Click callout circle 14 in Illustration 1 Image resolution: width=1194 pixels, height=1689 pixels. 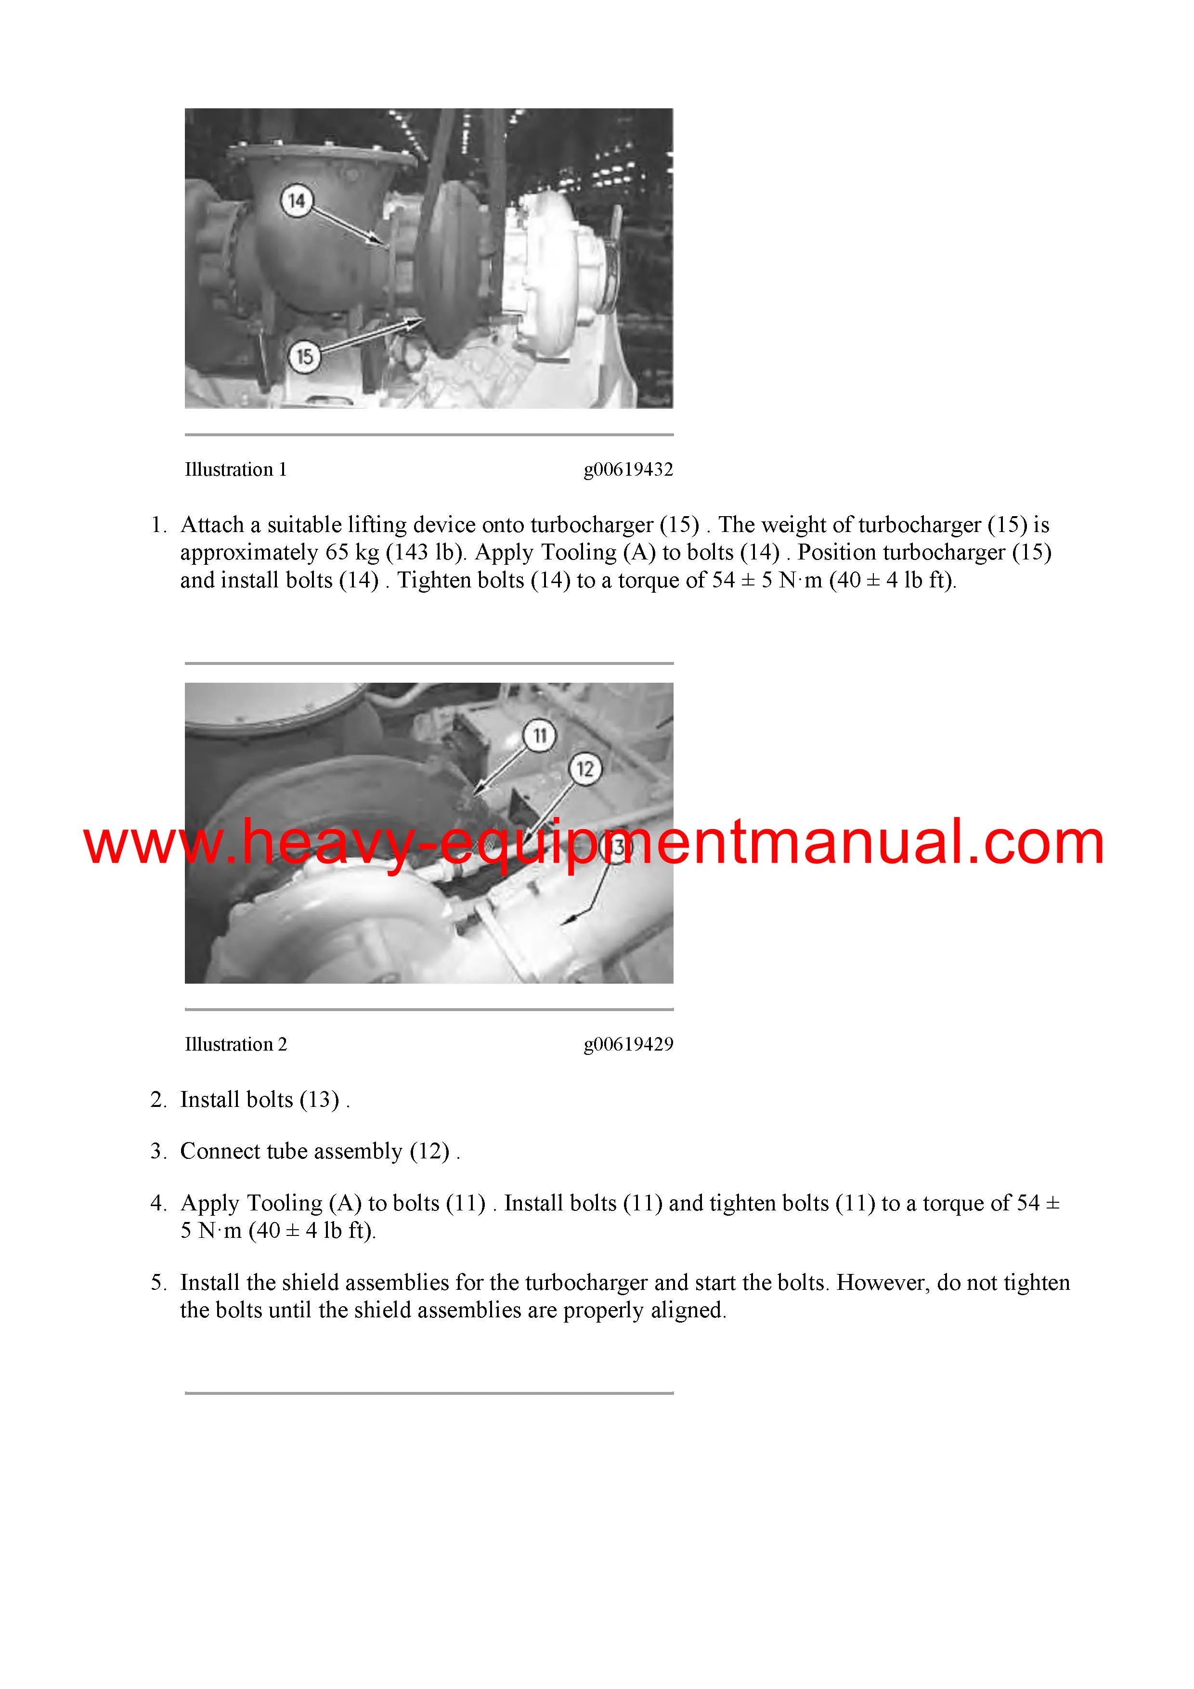[297, 201]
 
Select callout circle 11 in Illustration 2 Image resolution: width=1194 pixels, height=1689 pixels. [540, 736]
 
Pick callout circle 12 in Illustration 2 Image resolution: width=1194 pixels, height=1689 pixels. [585, 769]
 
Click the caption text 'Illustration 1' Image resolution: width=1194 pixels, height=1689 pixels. [235, 469]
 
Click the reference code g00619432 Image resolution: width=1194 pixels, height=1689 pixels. [628, 469]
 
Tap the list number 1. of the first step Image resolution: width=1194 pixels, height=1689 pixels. [158, 524]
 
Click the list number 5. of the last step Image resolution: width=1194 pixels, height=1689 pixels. [158, 1282]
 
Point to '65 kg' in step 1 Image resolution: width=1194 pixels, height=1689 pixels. [352, 552]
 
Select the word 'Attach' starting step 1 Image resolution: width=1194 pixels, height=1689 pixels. [212, 524]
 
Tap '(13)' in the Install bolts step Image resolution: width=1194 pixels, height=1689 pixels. [320, 1099]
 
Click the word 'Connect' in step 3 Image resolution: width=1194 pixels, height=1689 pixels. [218, 1151]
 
